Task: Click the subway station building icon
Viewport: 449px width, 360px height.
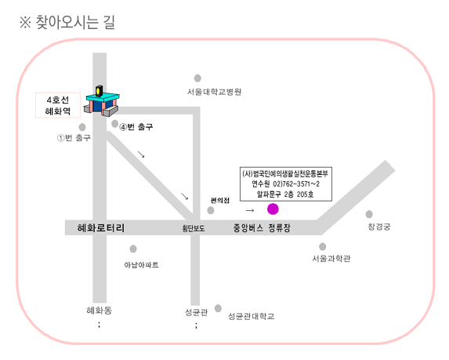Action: (102, 100)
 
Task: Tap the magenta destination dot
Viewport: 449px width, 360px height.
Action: (273, 209)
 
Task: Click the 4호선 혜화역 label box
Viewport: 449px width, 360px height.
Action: (58, 105)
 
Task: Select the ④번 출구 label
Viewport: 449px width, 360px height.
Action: (136, 127)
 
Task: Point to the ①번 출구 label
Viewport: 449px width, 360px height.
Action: (74, 138)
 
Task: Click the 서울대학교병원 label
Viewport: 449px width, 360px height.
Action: (214, 92)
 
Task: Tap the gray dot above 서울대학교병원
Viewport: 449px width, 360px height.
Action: (197, 78)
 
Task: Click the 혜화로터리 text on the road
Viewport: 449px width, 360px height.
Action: (101, 228)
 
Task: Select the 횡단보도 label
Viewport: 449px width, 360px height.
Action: (194, 228)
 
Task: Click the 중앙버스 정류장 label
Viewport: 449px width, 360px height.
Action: (262, 228)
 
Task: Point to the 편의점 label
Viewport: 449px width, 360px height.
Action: (220, 200)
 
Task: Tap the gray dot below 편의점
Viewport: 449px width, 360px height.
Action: (211, 210)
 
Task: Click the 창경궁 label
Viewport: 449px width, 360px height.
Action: (378, 227)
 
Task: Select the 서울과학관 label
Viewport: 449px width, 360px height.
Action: (331, 258)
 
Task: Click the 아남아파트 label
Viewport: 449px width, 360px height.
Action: (141, 265)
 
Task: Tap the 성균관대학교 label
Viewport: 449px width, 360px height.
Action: (251, 316)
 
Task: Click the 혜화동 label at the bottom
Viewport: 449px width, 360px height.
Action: (99, 310)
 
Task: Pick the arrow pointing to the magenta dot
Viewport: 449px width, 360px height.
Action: (250, 211)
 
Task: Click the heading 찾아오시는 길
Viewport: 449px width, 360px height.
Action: (75, 22)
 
